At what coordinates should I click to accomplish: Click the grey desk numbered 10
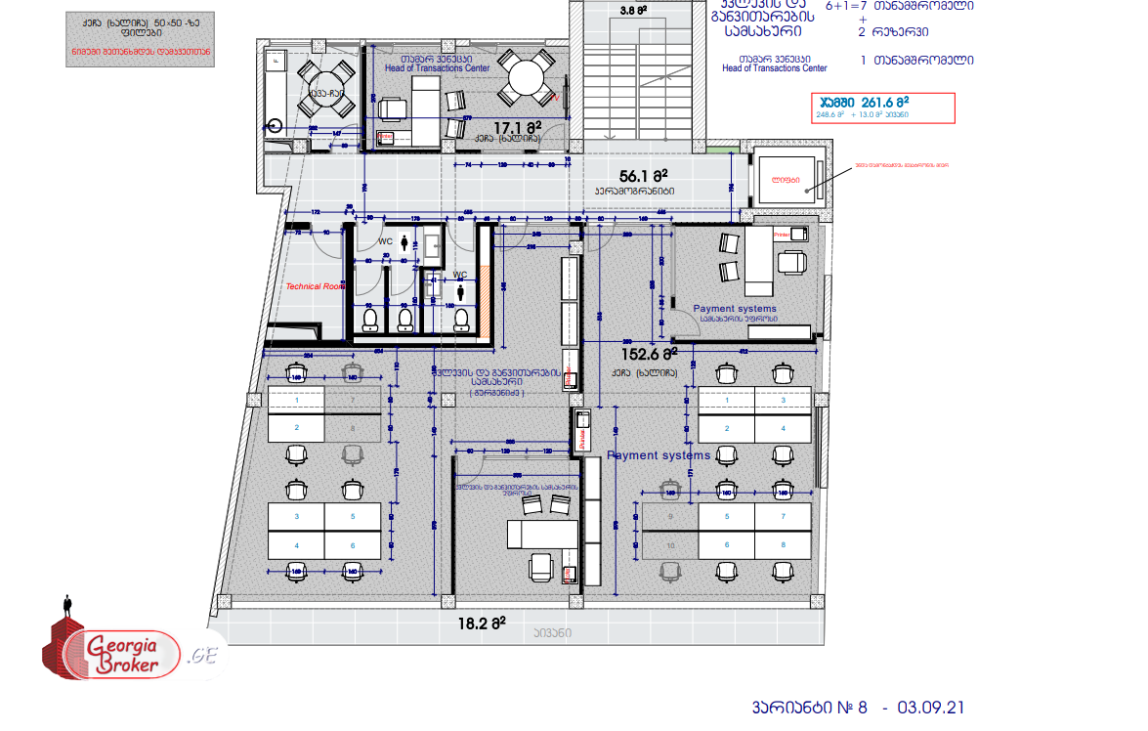click(x=669, y=545)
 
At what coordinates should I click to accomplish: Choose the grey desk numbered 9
click(x=669, y=516)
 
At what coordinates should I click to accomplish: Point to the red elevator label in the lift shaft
click(x=785, y=180)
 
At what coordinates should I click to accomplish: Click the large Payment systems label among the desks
click(x=659, y=455)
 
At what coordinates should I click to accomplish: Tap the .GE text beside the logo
click(x=204, y=654)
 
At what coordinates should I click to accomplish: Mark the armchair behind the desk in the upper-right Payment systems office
click(x=793, y=262)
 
